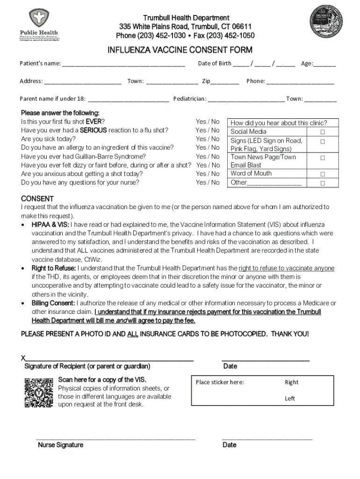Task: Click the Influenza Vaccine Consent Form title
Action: [x=180, y=50]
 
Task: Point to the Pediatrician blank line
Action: [x=246, y=100]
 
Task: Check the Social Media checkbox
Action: [x=323, y=132]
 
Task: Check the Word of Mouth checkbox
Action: [x=323, y=174]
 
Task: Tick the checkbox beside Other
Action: [x=323, y=183]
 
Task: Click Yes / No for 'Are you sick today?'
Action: [x=208, y=139]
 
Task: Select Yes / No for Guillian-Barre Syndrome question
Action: [x=208, y=157]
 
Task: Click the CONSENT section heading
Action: [x=37, y=199]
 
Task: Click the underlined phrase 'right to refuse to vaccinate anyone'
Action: [x=286, y=269]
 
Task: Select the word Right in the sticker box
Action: [x=291, y=382]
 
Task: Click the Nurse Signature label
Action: [x=60, y=445]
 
